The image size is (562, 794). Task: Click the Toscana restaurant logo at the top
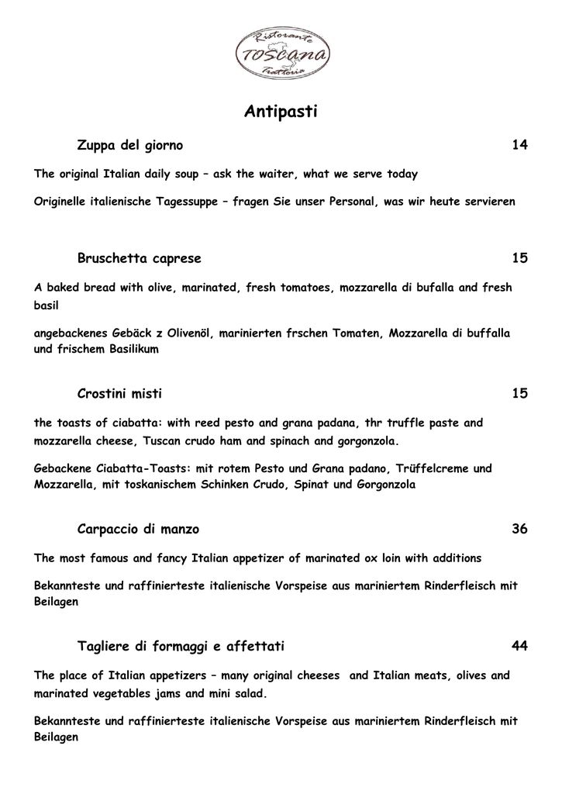[281, 52]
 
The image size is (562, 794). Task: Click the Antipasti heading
[281, 112]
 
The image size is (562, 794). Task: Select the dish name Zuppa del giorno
[130, 145]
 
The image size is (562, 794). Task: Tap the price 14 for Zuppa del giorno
[519, 145]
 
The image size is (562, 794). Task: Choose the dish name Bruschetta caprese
[140, 258]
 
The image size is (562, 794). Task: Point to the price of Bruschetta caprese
[519, 258]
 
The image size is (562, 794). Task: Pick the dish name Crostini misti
[120, 394]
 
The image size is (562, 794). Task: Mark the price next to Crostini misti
[519, 394]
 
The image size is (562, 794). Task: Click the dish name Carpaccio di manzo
[138, 530]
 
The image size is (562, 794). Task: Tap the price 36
[519, 530]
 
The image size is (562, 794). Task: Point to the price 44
[519, 646]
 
